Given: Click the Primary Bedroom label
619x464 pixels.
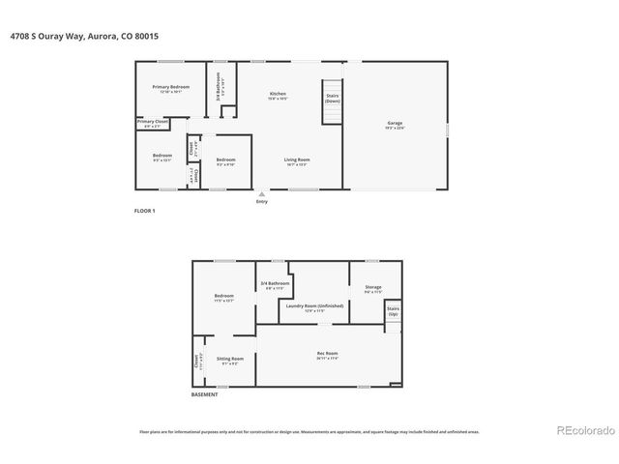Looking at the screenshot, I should tap(171, 88).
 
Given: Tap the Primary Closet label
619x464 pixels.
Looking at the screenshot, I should tap(153, 123).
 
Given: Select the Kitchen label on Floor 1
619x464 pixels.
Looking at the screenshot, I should tap(278, 96).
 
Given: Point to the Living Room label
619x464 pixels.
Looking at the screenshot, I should tap(296, 161).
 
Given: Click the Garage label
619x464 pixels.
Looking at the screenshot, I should tap(395, 126).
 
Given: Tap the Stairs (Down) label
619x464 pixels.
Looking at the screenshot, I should tap(333, 99).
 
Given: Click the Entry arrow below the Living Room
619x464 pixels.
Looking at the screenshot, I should tap(261, 194).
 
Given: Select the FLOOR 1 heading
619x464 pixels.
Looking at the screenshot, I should tap(144, 210).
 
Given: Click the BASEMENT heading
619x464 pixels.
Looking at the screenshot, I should tap(204, 394).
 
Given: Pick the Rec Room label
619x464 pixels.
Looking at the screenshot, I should tap(327, 356).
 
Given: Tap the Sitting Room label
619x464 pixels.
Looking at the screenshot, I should tap(229, 360).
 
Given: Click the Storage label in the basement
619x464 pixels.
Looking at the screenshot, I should tap(372, 290).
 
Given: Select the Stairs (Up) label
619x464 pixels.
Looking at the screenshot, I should tap(394, 313).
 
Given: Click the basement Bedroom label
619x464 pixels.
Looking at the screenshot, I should tap(223, 298).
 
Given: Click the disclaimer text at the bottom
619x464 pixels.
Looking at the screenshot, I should tap(309, 432).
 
